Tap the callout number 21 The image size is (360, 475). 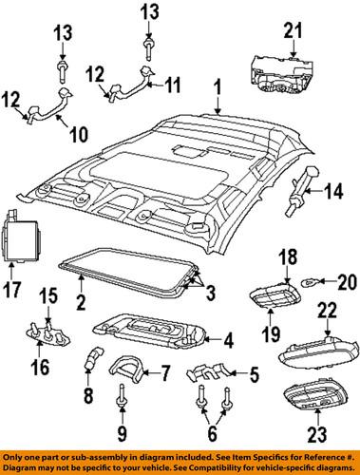point(293,33)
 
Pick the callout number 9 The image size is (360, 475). point(123,436)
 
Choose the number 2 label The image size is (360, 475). point(81,304)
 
